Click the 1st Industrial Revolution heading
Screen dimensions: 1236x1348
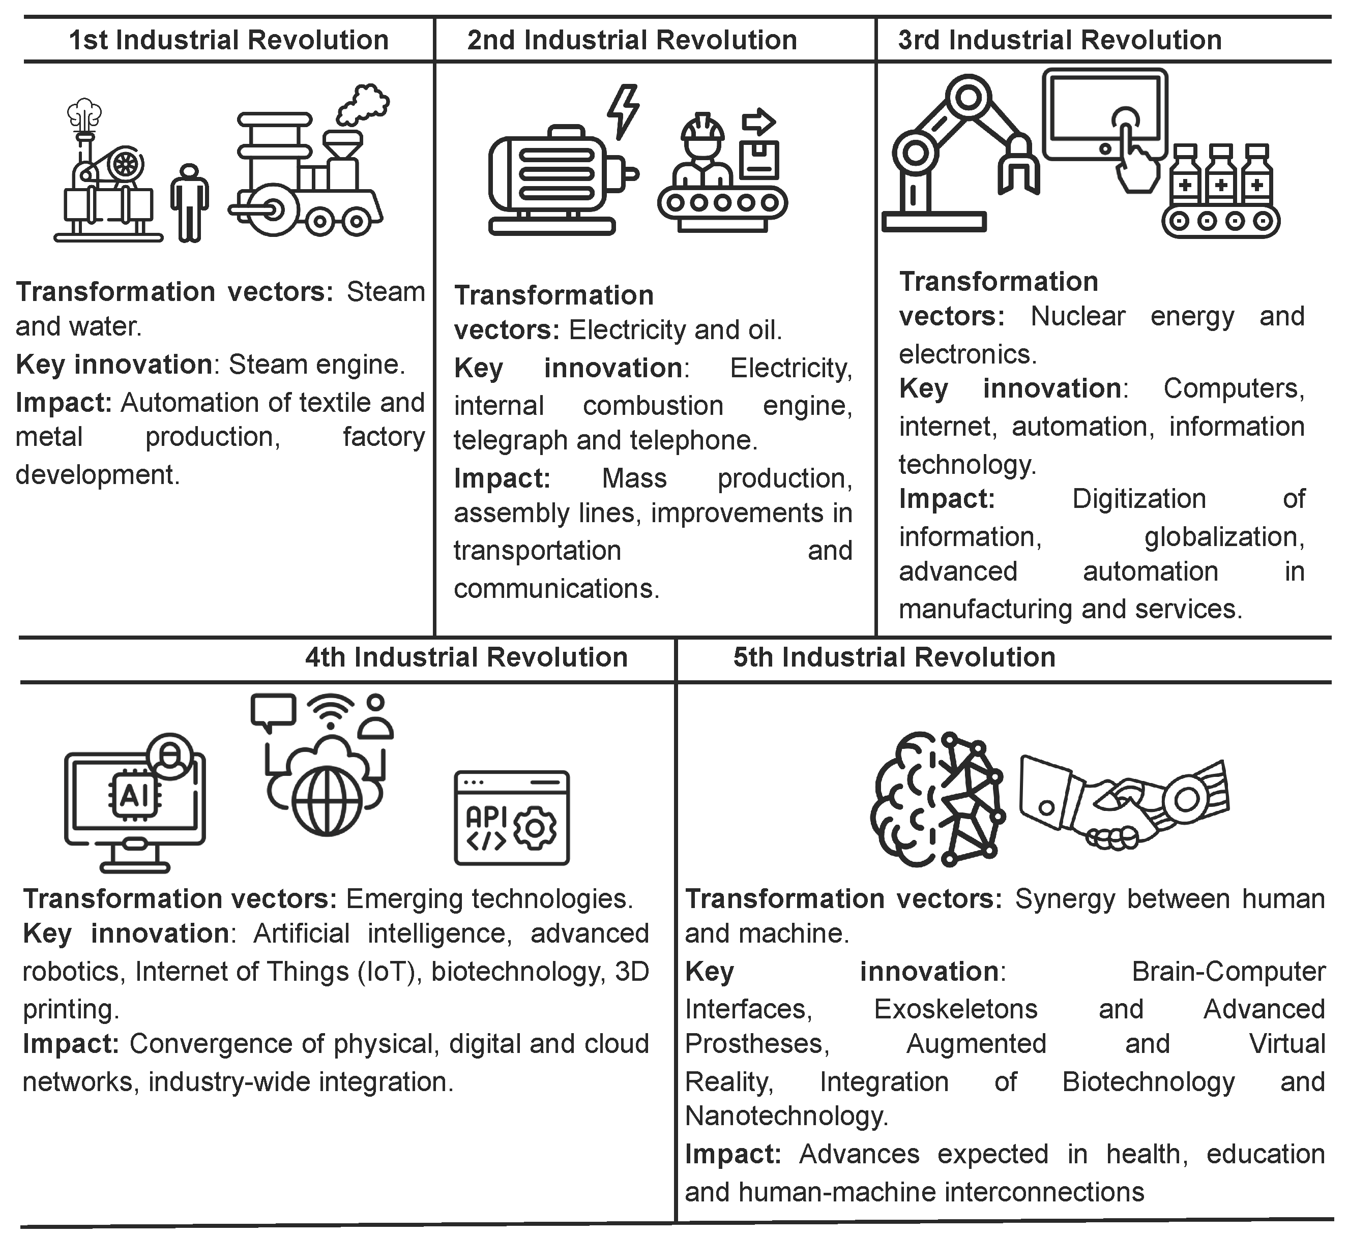229,40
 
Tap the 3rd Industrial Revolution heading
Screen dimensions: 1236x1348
1060,40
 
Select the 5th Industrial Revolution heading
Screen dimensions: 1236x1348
894,657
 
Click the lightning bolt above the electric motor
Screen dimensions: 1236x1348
624,111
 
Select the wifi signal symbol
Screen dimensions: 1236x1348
331,711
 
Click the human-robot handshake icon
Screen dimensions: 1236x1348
1124,803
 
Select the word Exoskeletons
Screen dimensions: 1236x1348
955,1009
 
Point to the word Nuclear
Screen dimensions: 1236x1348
1078,316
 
